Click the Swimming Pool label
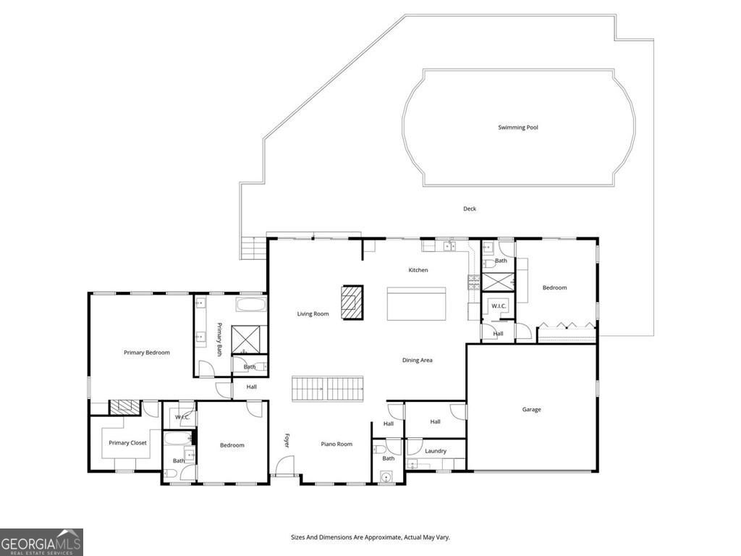517,127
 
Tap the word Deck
470,209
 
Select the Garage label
531,410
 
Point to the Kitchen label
418,270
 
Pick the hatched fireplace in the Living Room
353,300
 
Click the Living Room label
313,314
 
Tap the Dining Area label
417,360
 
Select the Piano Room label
336,445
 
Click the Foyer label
286,440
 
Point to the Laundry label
436,451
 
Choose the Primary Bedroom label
146,353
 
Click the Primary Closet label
127,443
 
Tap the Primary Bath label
219,335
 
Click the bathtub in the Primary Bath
251,304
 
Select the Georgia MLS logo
41,542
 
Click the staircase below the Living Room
327,389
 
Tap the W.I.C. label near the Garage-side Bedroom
498,306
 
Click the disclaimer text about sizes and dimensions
370,537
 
